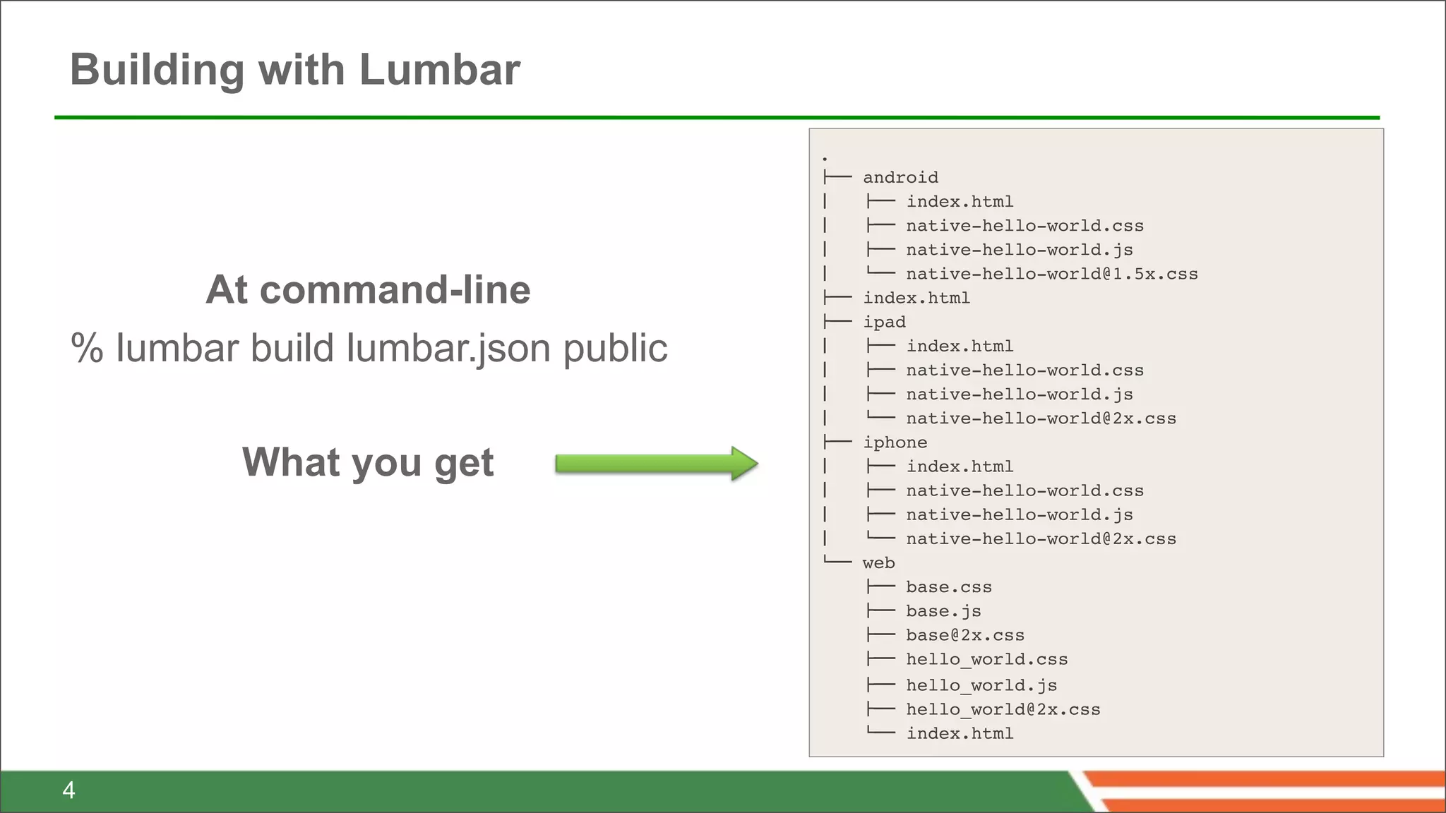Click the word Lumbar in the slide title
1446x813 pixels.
coord(439,70)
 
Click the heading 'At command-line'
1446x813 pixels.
coord(368,289)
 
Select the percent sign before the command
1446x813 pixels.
coord(87,349)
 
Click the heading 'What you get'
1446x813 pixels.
coord(368,462)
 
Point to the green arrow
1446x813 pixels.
coord(656,464)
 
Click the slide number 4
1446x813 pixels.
coord(68,790)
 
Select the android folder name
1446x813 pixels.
coord(900,178)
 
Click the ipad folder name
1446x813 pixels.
coord(884,323)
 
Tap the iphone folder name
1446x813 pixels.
coord(895,442)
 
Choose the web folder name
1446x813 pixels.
coord(878,563)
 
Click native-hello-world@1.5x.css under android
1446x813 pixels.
coord(1052,274)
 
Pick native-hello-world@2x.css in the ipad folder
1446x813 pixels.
coord(1041,418)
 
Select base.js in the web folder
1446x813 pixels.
coord(943,611)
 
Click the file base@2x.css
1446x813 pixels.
coord(965,635)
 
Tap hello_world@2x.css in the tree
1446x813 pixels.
coord(1003,709)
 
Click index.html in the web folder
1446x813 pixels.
coord(960,734)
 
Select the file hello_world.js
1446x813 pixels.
coord(981,685)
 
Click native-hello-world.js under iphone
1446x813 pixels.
coord(1020,515)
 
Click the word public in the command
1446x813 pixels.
coord(615,349)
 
